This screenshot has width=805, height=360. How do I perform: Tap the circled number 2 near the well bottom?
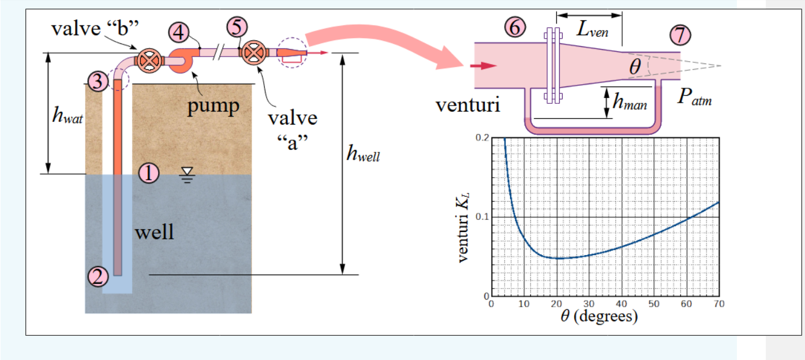pyautogui.click(x=99, y=277)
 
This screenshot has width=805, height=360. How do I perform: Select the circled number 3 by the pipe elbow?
pyautogui.click(x=99, y=82)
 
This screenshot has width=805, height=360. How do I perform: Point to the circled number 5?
pyautogui.click(x=237, y=27)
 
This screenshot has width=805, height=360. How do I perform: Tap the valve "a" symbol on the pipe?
pyautogui.click(x=252, y=53)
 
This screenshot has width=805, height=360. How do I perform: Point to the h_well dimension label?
pyautogui.click(x=362, y=153)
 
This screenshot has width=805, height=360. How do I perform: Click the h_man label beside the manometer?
pyautogui.click(x=630, y=104)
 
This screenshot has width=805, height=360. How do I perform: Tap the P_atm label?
pyautogui.click(x=694, y=97)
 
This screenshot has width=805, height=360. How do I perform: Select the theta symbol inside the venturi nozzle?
pyautogui.click(x=635, y=67)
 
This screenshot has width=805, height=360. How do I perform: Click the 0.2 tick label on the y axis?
pyautogui.click(x=482, y=138)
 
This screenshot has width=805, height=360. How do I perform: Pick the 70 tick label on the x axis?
pyautogui.click(x=718, y=304)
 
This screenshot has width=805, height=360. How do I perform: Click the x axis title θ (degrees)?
pyautogui.click(x=604, y=317)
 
